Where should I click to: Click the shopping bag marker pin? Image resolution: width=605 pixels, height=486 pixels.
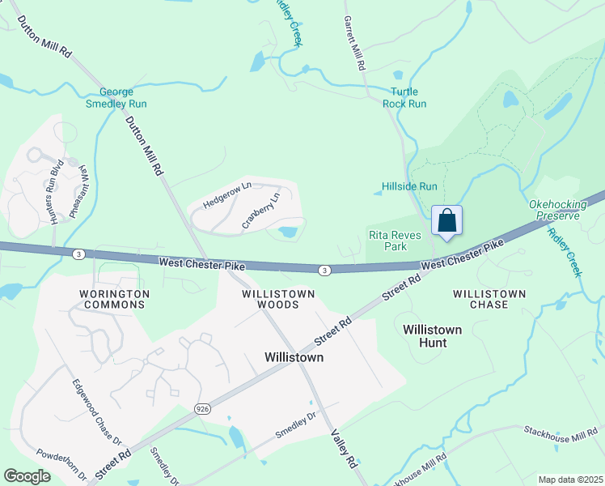point(447,220)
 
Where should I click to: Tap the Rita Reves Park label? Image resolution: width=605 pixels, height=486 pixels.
point(387,241)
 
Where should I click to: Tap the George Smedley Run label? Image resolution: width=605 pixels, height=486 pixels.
point(122,97)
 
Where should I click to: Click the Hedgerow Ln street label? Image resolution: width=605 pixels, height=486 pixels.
point(228,195)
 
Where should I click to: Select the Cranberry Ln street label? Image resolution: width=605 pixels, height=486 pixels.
point(262,208)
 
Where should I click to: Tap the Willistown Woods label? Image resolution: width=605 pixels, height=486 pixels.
point(266,299)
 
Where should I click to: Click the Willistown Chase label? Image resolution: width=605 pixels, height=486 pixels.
point(489,299)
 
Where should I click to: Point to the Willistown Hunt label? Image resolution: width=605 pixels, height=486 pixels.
point(433,336)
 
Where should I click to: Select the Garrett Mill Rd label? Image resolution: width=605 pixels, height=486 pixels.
point(357,42)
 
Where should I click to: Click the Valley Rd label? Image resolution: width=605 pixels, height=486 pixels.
point(342,449)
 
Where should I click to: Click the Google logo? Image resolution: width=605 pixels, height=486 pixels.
point(27,476)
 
